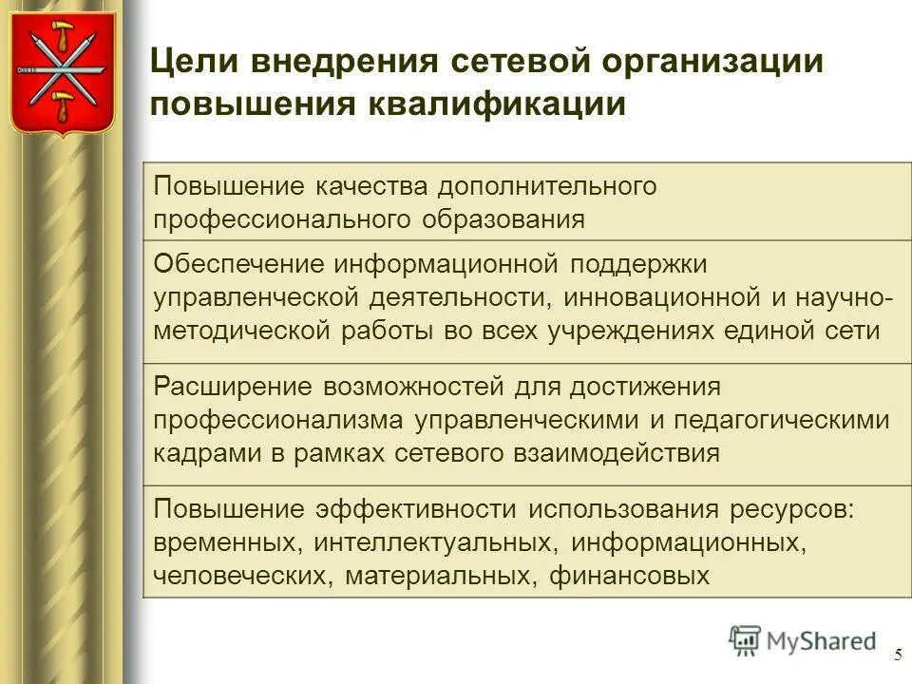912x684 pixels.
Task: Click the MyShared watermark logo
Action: [803, 640]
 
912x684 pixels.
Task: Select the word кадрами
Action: [199, 453]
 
